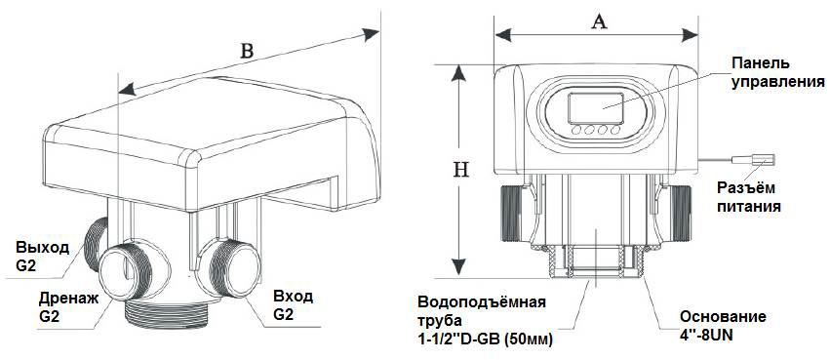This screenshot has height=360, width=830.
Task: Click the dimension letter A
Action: pyautogui.click(x=598, y=22)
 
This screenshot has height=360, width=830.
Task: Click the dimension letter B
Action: pyautogui.click(x=247, y=51)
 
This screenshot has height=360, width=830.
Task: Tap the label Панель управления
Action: pyautogui.click(x=777, y=72)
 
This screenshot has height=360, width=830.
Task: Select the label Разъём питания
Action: pyautogui.click(x=748, y=196)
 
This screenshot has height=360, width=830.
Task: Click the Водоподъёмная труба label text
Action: pyautogui.click(x=485, y=320)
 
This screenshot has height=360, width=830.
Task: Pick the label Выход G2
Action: pyautogui.click(x=42, y=257)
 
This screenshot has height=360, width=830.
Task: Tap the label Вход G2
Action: pyautogui.click(x=293, y=305)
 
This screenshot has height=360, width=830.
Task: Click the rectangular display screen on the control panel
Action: pyautogui.click(x=596, y=108)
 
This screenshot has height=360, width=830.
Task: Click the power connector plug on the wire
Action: pyautogui.click(x=753, y=159)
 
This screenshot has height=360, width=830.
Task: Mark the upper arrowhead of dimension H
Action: pyautogui.click(x=458, y=74)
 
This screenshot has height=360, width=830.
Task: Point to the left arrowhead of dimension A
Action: pyautogui.click(x=502, y=35)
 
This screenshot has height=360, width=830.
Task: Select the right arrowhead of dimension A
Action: pyautogui.click(x=690, y=35)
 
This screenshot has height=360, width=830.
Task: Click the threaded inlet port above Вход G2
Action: pyautogui.click(x=231, y=268)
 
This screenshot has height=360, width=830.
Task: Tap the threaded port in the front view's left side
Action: pyautogui.click(x=512, y=213)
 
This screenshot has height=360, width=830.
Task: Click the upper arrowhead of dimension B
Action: pyautogui.click(x=371, y=34)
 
